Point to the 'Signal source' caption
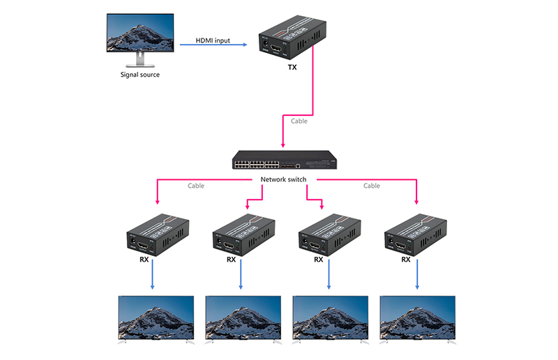pyautogui.click(x=140, y=75)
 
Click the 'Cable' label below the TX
pyautogui.click(x=298, y=121)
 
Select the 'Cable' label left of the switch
pyautogui.click(x=197, y=186)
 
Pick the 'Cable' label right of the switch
pyautogui.click(x=372, y=186)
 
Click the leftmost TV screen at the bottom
pyautogui.click(x=156, y=318)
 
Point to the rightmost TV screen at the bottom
pyautogui.click(x=416, y=318)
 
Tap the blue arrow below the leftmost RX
pyautogui.click(x=153, y=276)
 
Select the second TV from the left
pyautogui.click(x=243, y=318)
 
